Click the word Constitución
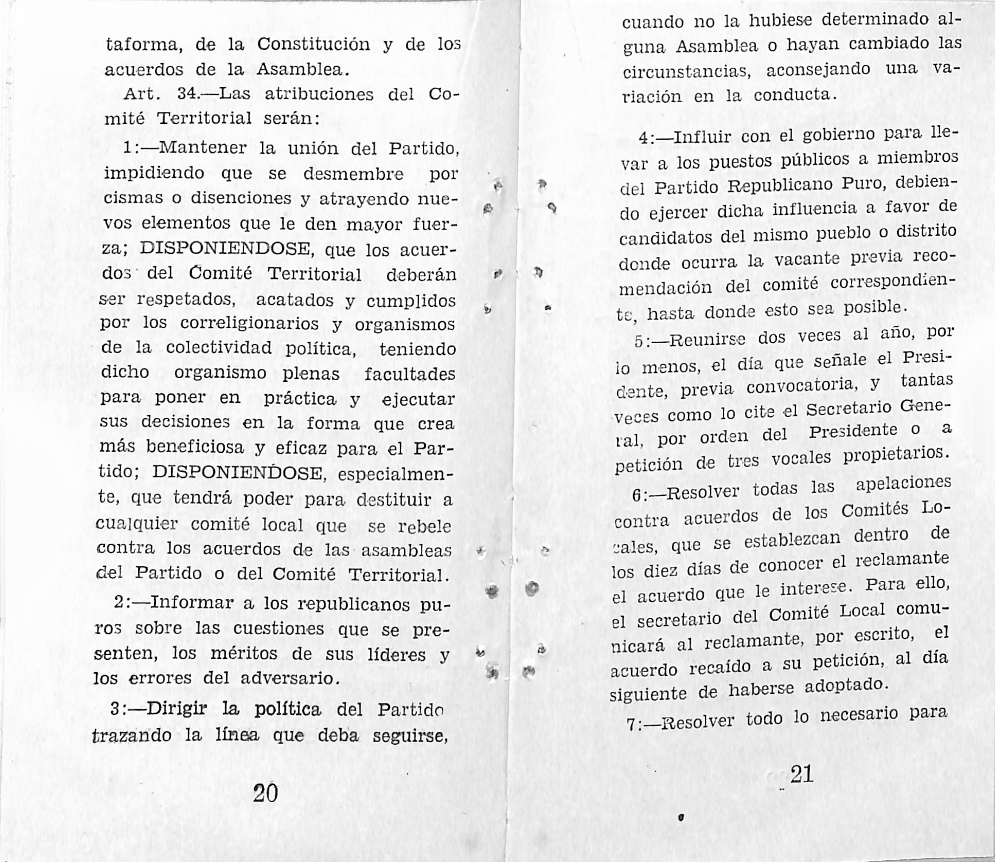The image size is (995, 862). click(x=313, y=45)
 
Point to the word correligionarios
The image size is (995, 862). click(x=249, y=324)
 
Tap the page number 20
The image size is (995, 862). click(x=265, y=793)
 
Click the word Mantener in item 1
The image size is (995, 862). click(x=203, y=147)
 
